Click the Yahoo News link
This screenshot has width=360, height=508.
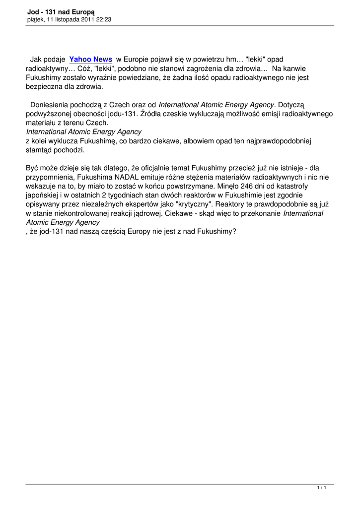pyautogui.click(x=91, y=60)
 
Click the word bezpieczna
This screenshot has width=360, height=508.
pyautogui.click(x=46, y=86)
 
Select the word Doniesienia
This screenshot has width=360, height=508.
pyautogui.click(x=51, y=105)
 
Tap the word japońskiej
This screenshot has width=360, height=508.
pyautogui.click(x=44, y=195)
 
